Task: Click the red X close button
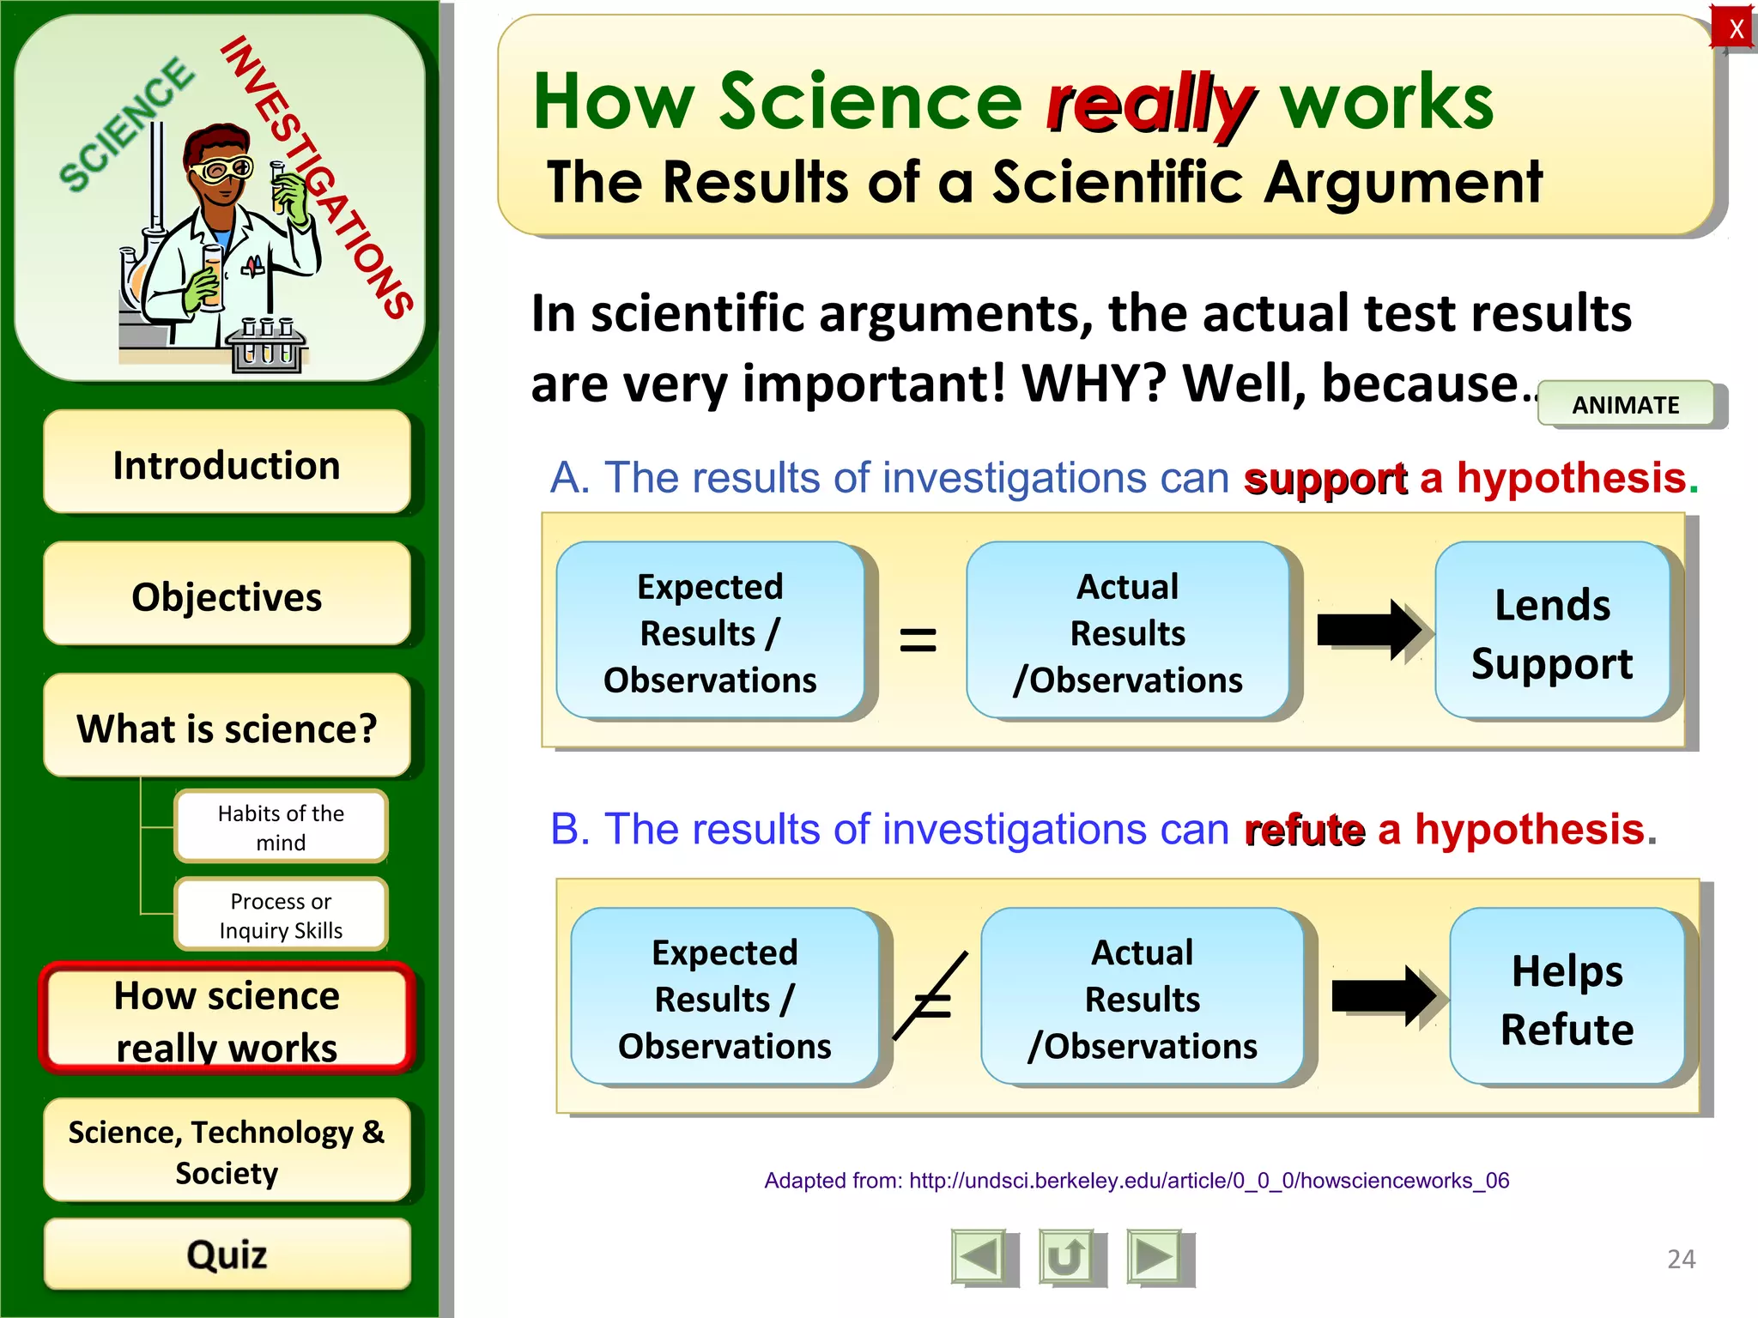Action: point(1735,28)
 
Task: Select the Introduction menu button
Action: point(227,463)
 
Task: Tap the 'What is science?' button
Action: point(227,727)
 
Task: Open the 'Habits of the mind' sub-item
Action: point(281,826)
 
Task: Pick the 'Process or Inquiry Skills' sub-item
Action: point(281,915)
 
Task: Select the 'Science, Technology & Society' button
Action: point(227,1151)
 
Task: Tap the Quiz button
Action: point(227,1254)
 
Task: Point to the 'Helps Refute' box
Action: point(1567,998)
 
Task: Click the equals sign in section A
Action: point(918,639)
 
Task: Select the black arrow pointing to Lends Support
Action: point(1369,631)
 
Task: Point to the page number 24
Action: point(1681,1259)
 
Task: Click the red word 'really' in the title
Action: point(1150,103)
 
